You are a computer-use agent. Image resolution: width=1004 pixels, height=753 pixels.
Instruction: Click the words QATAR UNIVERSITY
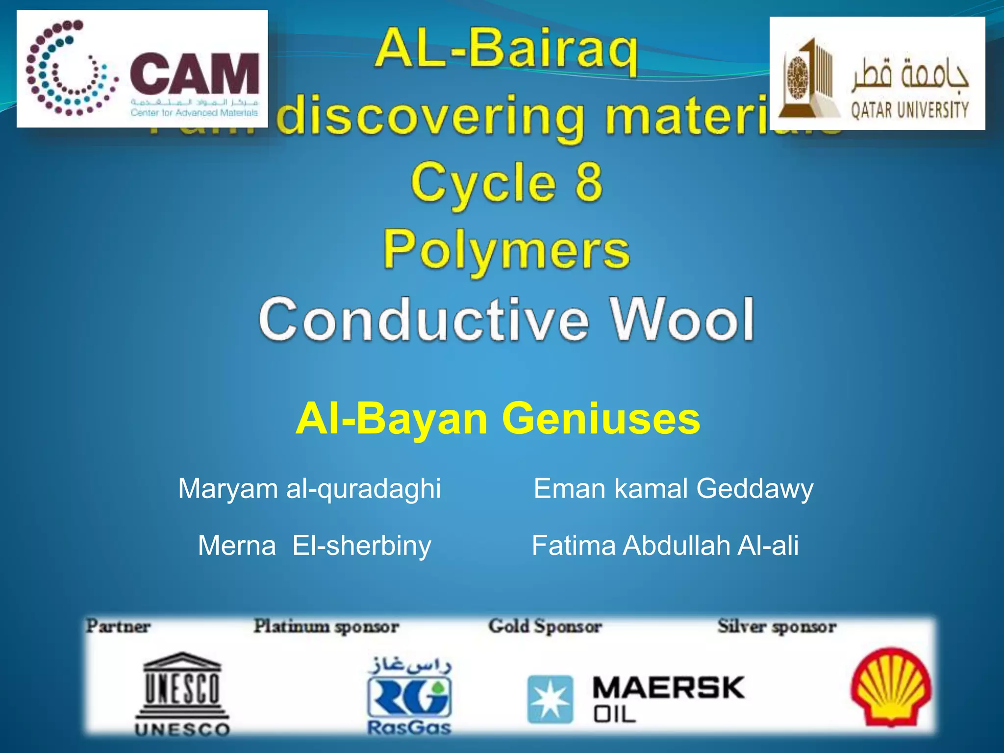click(909, 110)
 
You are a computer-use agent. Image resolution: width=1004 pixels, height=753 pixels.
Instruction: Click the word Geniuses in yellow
click(601, 418)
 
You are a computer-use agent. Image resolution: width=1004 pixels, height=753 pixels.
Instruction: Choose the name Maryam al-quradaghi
click(309, 489)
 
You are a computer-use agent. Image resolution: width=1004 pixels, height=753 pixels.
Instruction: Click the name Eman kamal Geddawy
click(673, 489)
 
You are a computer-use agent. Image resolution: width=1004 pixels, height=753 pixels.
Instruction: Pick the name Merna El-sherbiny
click(314, 545)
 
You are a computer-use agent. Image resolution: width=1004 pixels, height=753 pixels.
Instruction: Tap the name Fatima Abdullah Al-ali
click(665, 545)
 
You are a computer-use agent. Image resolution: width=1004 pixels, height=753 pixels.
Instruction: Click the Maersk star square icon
click(550, 699)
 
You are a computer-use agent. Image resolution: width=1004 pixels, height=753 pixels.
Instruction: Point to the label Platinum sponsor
click(326, 626)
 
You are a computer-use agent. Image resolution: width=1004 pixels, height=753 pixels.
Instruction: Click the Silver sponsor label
click(777, 626)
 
